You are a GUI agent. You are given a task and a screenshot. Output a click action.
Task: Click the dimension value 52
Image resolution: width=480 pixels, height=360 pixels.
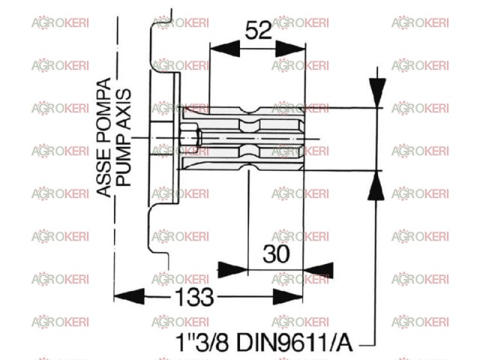(259, 30)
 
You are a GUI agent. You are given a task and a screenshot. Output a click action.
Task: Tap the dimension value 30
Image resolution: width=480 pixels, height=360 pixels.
(276, 253)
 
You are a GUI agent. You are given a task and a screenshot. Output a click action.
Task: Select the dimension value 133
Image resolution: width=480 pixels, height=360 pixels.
(194, 297)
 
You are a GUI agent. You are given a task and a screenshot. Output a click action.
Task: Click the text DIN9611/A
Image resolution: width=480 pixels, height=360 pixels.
(295, 342)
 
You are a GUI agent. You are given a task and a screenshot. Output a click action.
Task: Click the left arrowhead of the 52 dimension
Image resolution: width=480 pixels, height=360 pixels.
(225, 49)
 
